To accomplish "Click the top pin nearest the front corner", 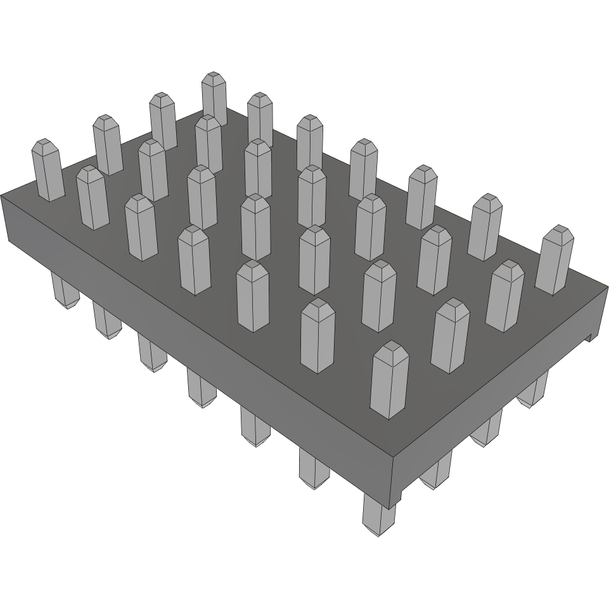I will tap(389, 380).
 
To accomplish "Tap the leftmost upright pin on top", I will tap(48, 170).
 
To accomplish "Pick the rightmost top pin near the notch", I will tap(553, 260).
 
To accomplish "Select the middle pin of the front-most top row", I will tap(193, 260).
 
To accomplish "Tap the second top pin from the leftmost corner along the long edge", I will tap(92, 197).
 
